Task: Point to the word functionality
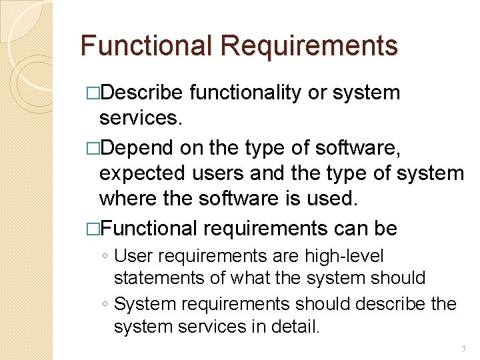[x=245, y=93]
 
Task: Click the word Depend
[x=137, y=147]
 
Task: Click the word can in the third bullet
[x=354, y=228]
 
